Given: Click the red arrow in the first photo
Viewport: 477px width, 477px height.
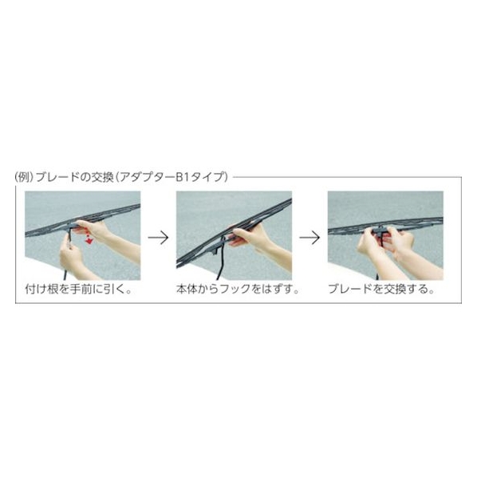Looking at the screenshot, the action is (x=89, y=238).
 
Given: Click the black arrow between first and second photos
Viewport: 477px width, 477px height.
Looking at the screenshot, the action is (x=158, y=238).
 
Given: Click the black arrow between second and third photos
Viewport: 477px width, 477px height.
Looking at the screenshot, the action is (x=309, y=238).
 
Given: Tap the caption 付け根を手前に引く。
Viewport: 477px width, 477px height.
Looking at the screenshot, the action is (x=78, y=289).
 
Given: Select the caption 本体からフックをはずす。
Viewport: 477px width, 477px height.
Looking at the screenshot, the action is (x=238, y=289).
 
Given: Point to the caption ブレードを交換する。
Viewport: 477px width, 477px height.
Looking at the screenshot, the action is (x=381, y=289).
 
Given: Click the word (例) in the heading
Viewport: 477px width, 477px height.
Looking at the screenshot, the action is (x=24, y=177).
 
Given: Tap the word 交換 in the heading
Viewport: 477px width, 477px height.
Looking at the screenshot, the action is (x=103, y=177).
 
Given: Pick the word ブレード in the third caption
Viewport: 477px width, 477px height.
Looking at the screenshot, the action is (x=350, y=289).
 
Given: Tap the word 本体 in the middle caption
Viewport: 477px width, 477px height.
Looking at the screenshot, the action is (x=187, y=289).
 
